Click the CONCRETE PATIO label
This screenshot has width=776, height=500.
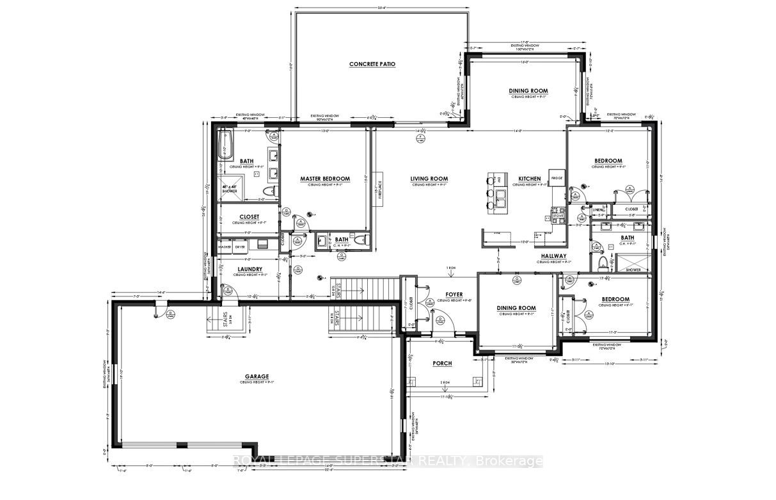click(372, 65)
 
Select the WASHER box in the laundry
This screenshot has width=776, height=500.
click(225, 246)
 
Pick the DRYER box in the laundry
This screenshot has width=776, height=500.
click(241, 246)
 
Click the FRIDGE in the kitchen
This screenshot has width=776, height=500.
click(556, 178)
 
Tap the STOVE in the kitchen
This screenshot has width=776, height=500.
click(557, 215)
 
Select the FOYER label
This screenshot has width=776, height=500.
click(454, 295)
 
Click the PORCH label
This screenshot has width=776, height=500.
click(442, 363)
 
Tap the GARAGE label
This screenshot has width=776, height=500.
click(256, 376)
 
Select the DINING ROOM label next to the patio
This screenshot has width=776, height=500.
click(528, 91)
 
